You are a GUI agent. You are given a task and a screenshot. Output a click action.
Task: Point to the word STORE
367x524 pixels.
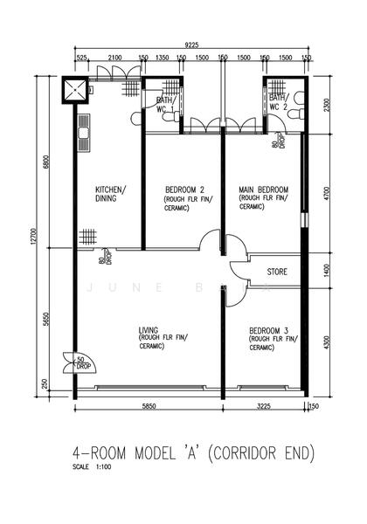pyautogui.click(x=278, y=272)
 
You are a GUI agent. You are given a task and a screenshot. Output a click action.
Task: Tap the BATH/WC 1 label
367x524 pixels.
pyautogui.click(x=166, y=105)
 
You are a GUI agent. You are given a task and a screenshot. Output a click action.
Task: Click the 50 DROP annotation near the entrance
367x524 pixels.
pyautogui.click(x=80, y=361)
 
